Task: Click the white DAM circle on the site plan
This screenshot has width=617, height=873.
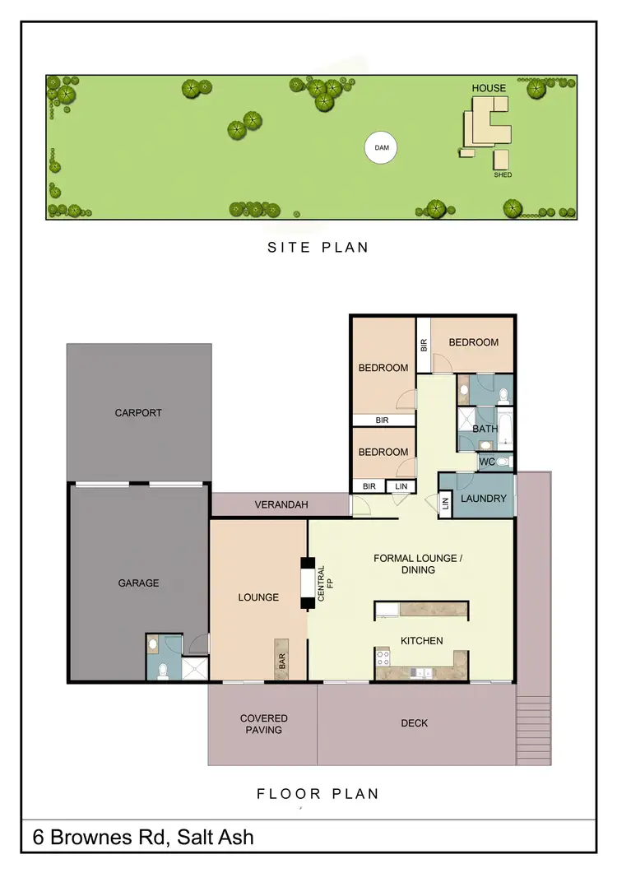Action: pyautogui.click(x=381, y=149)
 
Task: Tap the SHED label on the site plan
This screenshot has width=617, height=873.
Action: pyautogui.click(x=502, y=175)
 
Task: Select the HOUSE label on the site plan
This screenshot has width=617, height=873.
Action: pyautogui.click(x=489, y=88)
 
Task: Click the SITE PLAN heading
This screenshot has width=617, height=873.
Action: pyautogui.click(x=318, y=247)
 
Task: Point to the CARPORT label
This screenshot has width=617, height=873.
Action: pyautogui.click(x=138, y=413)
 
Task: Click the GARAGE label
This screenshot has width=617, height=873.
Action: pyautogui.click(x=137, y=583)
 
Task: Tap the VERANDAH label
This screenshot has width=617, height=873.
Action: pyautogui.click(x=281, y=505)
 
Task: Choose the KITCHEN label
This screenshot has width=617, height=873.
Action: pyautogui.click(x=421, y=641)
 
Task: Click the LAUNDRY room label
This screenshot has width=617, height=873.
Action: pyautogui.click(x=483, y=499)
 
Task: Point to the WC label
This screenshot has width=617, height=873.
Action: pyautogui.click(x=486, y=462)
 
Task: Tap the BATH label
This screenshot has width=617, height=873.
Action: pyautogui.click(x=485, y=429)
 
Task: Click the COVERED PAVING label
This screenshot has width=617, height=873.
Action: pyautogui.click(x=263, y=724)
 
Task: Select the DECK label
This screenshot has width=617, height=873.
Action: pyautogui.click(x=414, y=723)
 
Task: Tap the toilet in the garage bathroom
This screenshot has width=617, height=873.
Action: pyautogui.click(x=163, y=670)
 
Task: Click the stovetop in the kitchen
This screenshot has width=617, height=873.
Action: pyautogui.click(x=383, y=657)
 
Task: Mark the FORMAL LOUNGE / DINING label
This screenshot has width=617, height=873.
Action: pyautogui.click(x=418, y=564)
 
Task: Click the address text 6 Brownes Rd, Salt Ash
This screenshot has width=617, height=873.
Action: pyautogui.click(x=143, y=838)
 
